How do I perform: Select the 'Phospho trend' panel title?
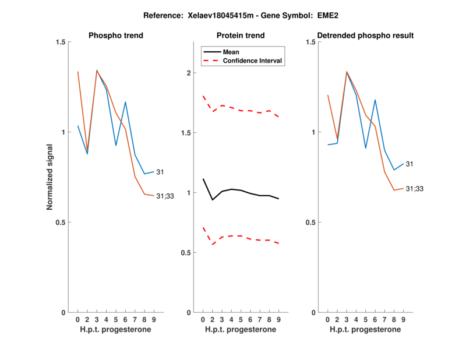[x=115, y=36]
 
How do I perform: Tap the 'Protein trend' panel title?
[x=241, y=36]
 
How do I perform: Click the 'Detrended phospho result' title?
[x=365, y=36]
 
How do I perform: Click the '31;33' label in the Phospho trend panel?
[x=165, y=196]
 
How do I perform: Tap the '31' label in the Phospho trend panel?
[x=160, y=172]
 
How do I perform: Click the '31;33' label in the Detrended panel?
[x=414, y=189]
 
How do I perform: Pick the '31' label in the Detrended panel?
[x=409, y=164]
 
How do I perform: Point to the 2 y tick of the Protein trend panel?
[x=188, y=73]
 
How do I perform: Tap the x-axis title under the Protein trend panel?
[x=241, y=330]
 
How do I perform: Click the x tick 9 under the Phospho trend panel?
[x=154, y=320]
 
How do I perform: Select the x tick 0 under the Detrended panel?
[x=328, y=320]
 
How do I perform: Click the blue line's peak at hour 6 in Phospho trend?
[x=125, y=102]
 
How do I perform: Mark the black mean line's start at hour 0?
[x=203, y=179]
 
